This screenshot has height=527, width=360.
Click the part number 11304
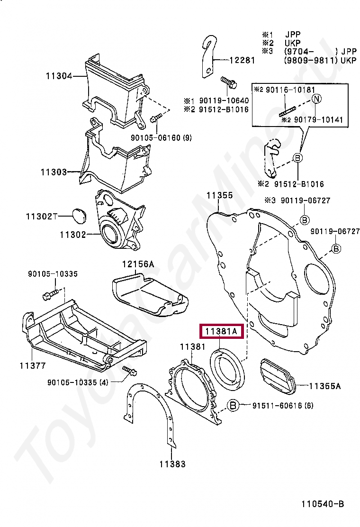point(59,75)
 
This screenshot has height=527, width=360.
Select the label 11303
point(54,173)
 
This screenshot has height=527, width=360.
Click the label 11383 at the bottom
point(172,464)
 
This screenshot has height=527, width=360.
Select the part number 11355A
point(325,386)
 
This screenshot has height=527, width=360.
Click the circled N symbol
point(317,99)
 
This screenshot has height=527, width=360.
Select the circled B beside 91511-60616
point(233,405)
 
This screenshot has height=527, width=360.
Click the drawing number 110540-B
point(322,504)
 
